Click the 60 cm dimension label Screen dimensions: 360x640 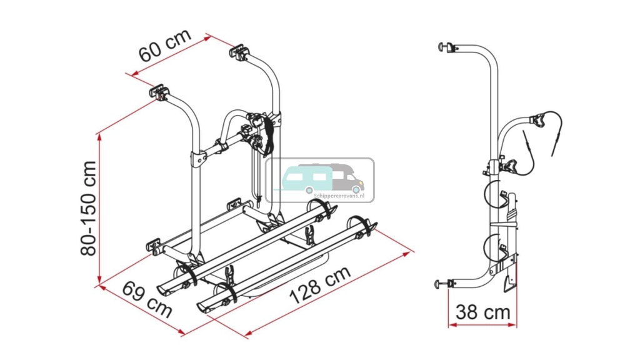(x=164, y=46)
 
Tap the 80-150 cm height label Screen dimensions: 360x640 (x=89, y=208)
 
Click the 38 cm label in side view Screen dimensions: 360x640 (x=482, y=311)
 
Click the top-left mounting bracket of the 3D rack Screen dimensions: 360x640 (x=160, y=93)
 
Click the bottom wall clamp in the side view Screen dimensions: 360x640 (x=444, y=284)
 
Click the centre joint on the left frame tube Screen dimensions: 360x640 (x=197, y=158)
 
